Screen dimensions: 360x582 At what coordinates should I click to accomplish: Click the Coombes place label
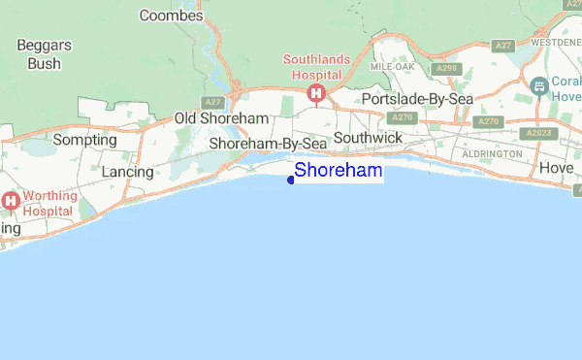pyautogui.click(x=172, y=16)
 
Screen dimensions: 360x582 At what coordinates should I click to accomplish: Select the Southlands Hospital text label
pyautogui.click(x=315, y=66)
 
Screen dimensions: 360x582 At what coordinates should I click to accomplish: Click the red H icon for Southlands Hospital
pyautogui.click(x=315, y=93)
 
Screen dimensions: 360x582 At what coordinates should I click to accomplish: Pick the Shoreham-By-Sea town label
pyautogui.click(x=268, y=144)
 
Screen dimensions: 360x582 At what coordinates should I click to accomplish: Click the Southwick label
pyautogui.click(x=368, y=139)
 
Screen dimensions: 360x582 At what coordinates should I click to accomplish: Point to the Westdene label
pyautogui.click(x=556, y=44)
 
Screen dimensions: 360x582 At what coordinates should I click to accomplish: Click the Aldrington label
pyautogui.click(x=492, y=154)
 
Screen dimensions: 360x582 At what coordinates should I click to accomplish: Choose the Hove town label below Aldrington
pyautogui.click(x=557, y=168)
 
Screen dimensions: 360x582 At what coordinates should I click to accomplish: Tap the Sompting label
pyautogui.click(x=84, y=140)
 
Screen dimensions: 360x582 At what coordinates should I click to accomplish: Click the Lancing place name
pyautogui.click(x=128, y=172)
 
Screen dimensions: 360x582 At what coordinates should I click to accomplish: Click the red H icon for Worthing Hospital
pyautogui.click(x=12, y=202)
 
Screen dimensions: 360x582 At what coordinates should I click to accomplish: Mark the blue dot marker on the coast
pyautogui.click(x=291, y=179)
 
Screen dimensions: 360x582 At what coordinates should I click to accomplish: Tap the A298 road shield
pyautogui.click(x=447, y=69)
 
